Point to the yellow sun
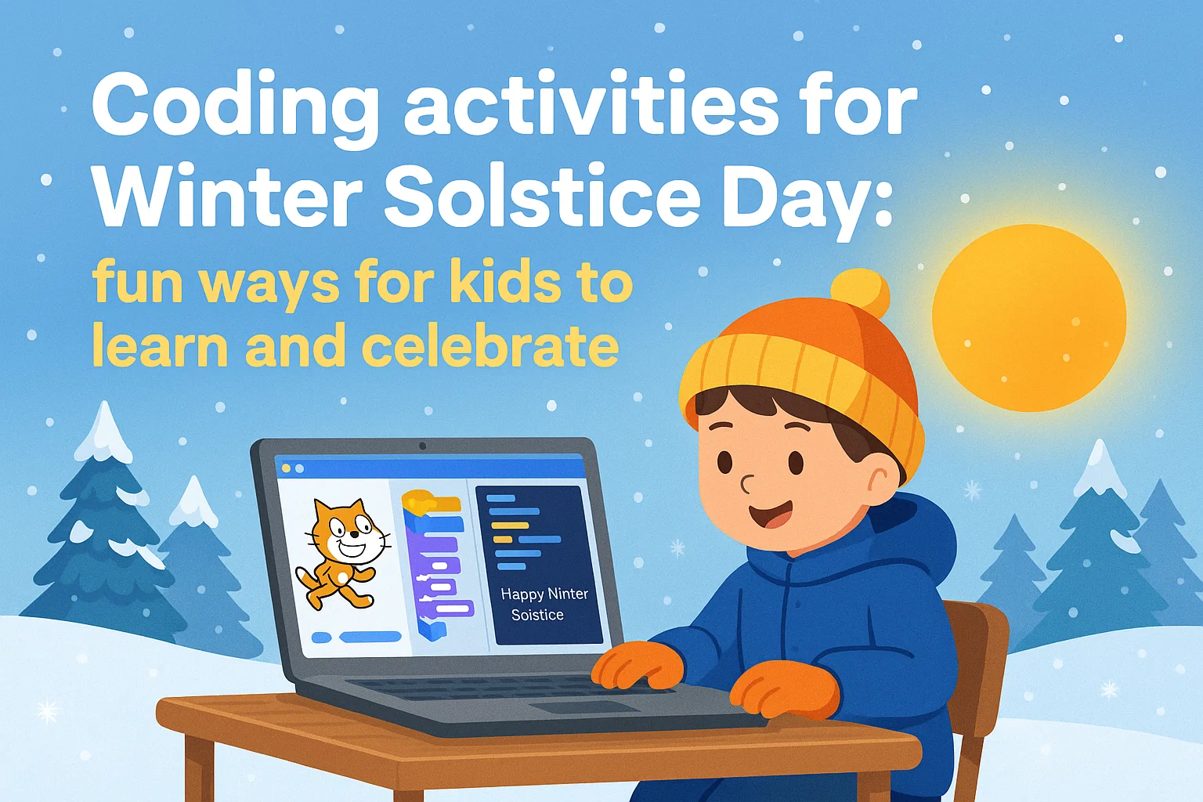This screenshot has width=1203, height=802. point(1028,317)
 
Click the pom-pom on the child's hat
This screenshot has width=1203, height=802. point(859,293)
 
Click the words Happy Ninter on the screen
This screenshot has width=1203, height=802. point(544,594)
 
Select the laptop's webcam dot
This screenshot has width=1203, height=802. point(423,446)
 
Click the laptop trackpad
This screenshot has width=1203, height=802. point(584,706)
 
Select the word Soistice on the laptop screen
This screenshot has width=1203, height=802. point(537,615)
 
